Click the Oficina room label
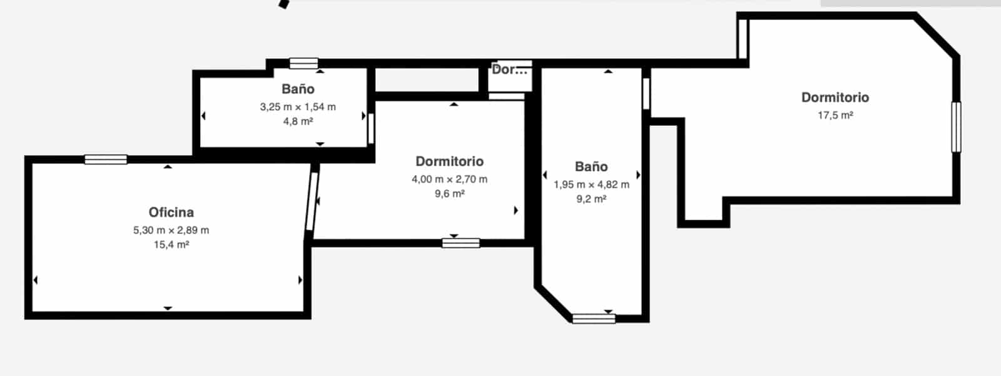coord(171,212)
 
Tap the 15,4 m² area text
coord(171,245)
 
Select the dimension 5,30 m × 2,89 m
coord(171,230)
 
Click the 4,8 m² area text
coord(298,121)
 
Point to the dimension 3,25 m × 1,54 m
coord(298,107)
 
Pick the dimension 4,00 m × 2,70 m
coord(450,180)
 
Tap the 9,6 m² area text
coord(450,193)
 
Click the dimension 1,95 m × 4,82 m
coord(591,185)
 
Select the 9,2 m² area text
coord(591,199)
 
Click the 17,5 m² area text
coord(835,115)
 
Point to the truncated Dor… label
coord(509,69)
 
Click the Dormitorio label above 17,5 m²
coord(835,98)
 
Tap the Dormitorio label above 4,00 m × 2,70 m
coord(450,161)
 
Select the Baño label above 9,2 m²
coord(591,167)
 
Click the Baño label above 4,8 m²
coord(298,89)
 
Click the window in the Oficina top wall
coord(106,160)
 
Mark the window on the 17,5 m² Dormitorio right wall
coord(956,127)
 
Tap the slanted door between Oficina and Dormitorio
coord(312,201)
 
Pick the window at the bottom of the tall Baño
coord(594,319)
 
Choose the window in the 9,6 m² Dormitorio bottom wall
coord(460,243)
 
